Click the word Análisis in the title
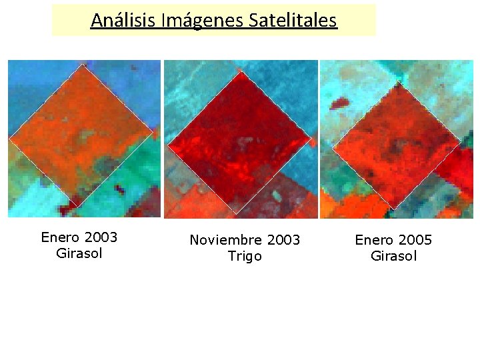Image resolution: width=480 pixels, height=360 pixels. [123, 21]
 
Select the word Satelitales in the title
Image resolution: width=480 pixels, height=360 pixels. [293, 21]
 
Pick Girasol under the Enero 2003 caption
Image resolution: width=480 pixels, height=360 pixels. [79, 253]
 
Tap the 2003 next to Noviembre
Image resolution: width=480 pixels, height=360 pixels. [283, 240]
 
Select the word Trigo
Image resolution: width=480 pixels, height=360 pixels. [245, 256]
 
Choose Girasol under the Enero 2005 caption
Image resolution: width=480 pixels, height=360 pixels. [393, 256]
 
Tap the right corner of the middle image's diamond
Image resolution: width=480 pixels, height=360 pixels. [312, 139]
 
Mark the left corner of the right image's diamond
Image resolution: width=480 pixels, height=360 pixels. [332, 146]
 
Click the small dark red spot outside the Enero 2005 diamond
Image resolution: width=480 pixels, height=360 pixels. [340, 103]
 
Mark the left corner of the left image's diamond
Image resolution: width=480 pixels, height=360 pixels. [9, 139]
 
